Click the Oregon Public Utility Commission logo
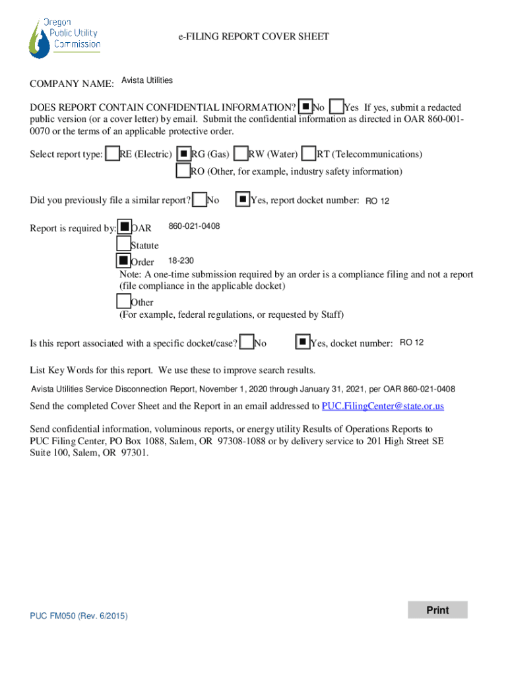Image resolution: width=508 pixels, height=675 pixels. (x=65, y=38)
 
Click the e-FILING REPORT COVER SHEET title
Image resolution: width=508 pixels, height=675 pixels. (x=253, y=37)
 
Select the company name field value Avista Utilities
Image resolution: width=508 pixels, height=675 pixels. (x=147, y=80)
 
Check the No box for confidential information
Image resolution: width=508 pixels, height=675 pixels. (x=305, y=106)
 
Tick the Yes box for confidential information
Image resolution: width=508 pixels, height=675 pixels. (x=336, y=106)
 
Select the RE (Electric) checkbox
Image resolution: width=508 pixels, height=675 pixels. (x=113, y=154)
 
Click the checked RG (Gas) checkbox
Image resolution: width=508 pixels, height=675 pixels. (x=184, y=154)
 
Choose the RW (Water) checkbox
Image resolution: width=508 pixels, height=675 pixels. (x=241, y=154)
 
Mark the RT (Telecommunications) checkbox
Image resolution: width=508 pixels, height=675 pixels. (x=309, y=154)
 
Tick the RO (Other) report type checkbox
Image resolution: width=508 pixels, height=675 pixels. (x=183, y=171)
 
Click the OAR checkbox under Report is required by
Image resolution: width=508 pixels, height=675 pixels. (x=124, y=227)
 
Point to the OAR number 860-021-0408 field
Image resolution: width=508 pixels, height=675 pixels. (x=194, y=227)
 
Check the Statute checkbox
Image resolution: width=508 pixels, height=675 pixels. (x=123, y=245)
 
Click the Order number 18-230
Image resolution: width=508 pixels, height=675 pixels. (x=181, y=261)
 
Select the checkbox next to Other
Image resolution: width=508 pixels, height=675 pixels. (x=123, y=301)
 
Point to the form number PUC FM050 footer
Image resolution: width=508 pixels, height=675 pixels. (x=79, y=616)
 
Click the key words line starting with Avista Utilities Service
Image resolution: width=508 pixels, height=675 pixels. (x=243, y=389)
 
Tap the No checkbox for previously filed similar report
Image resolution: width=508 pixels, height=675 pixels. (x=199, y=199)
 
